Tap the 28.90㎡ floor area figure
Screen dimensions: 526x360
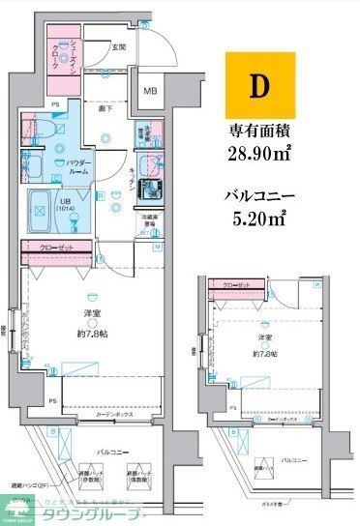point(258,154)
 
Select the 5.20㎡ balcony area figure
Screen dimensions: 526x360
point(259,218)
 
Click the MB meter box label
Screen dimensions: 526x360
point(151,92)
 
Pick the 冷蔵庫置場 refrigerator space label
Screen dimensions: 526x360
point(149,222)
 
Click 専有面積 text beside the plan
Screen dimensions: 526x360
point(260,130)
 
